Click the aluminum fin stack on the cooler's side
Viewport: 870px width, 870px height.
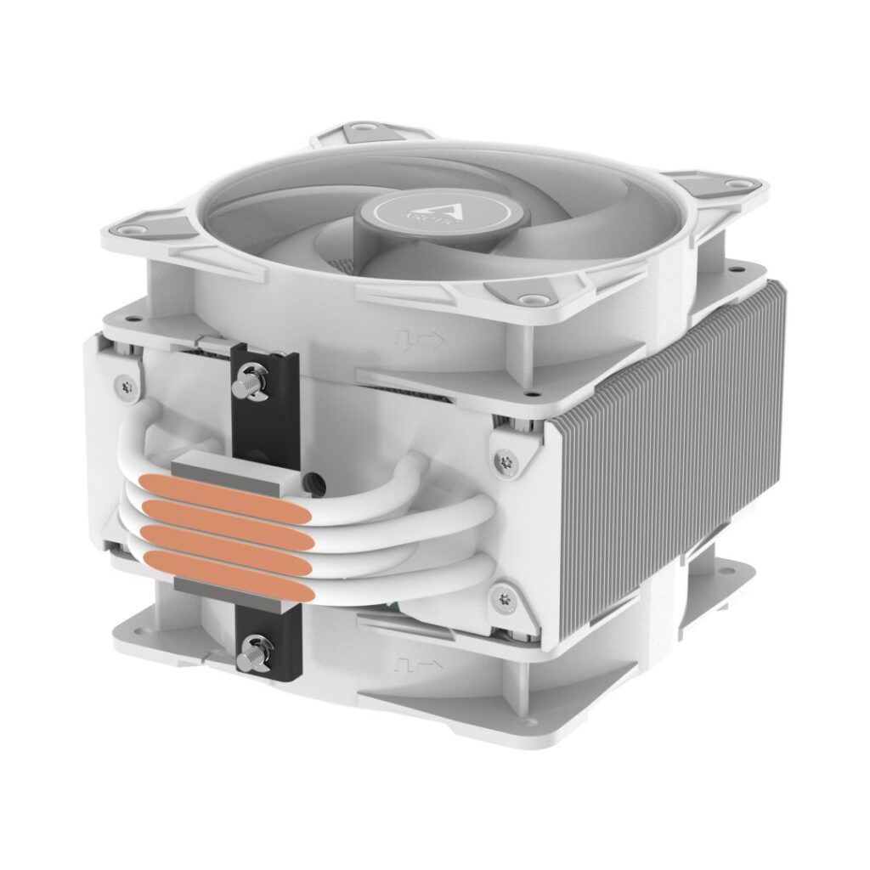[671, 450]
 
